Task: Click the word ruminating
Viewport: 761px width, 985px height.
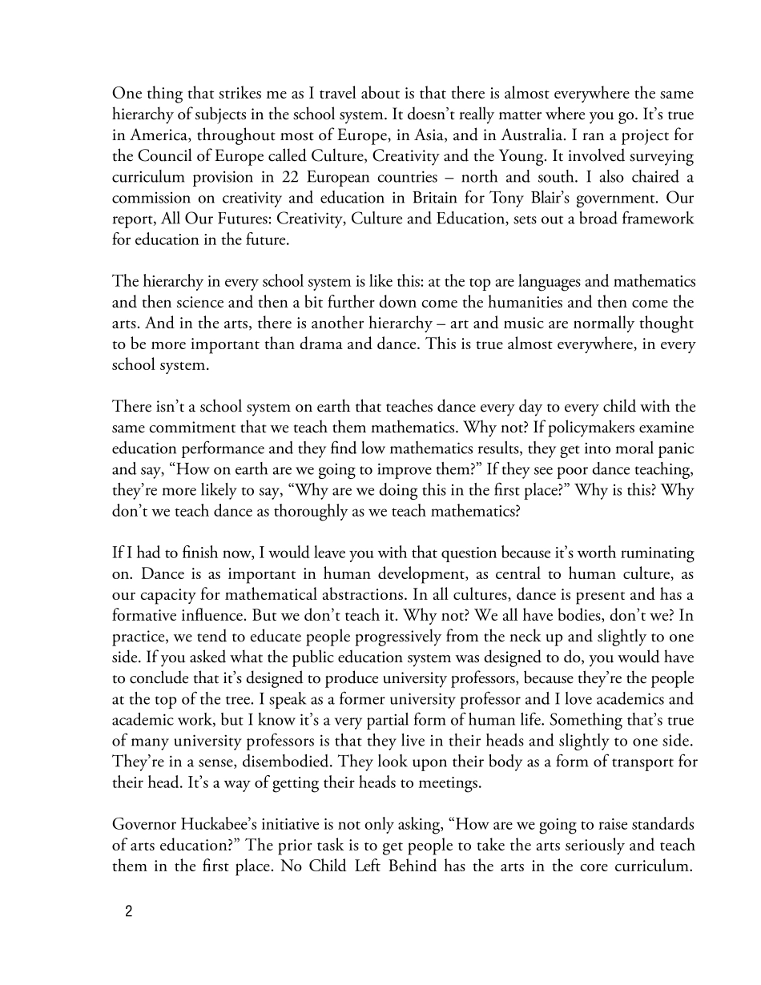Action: pyautogui.click(x=656, y=553)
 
